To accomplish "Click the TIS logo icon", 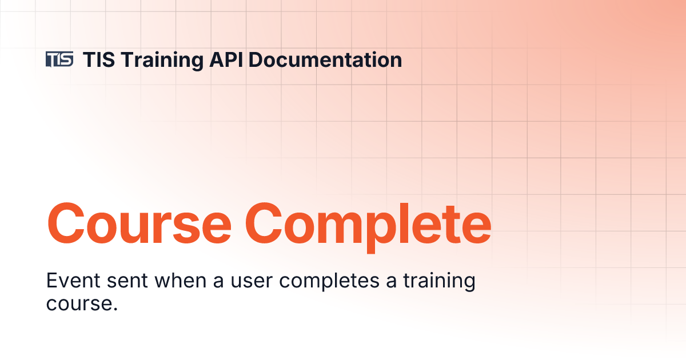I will point(59,59).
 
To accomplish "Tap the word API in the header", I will point(226,59).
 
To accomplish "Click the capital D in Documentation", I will point(256,59).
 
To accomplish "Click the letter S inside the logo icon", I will point(67,59).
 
